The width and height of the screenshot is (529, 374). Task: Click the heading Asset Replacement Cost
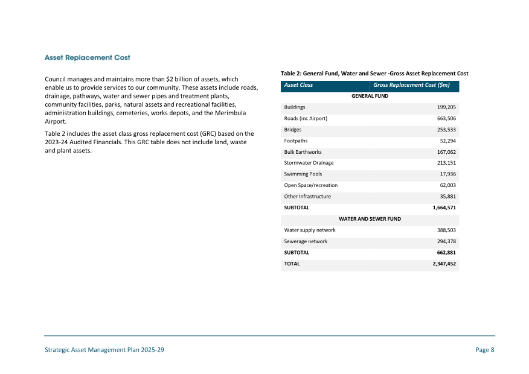click(88, 58)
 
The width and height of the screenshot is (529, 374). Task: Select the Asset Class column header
click(298, 85)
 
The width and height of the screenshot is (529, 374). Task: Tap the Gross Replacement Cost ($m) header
click(411, 85)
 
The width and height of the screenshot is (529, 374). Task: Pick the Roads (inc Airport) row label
click(306, 118)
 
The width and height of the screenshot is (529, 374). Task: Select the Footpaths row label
click(296, 141)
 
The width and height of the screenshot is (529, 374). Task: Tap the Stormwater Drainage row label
click(309, 163)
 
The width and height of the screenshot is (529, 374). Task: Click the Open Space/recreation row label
click(310, 185)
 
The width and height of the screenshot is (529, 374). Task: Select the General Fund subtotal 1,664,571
click(444, 208)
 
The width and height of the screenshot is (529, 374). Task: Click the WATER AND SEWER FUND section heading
click(370, 219)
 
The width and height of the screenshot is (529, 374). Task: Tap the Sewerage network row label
click(306, 241)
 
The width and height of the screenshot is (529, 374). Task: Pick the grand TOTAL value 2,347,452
click(444, 264)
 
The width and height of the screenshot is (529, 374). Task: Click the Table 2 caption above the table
click(374, 74)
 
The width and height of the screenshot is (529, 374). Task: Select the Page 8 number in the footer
click(485, 350)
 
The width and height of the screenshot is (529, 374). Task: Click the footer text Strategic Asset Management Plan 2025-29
click(104, 350)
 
